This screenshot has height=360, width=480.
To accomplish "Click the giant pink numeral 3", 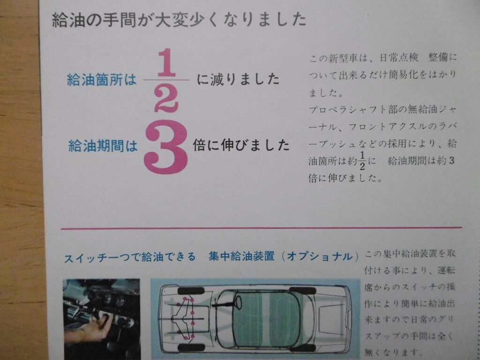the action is click(x=165, y=147).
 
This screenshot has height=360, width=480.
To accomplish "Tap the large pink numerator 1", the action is click(x=166, y=63).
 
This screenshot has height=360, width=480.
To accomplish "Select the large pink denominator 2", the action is click(x=166, y=97).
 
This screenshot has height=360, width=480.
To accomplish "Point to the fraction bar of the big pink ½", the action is click(x=166, y=80).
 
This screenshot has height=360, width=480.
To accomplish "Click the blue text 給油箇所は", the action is click(x=102, y=80).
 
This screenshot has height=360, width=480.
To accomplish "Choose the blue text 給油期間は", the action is click(x=103, y=146).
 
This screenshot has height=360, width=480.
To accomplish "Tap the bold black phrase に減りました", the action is click(x=238, y=80).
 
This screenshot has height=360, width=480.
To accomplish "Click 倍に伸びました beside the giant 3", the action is click(x=241, y=145).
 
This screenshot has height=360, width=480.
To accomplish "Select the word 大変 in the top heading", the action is click(x=169, y=20).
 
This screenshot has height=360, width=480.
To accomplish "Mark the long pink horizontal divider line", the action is click(x=261, y=228).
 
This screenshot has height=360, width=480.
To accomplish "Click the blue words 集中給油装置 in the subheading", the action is click(x=241, y=256).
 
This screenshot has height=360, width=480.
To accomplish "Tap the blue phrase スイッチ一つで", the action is click(x=98, y=257).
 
